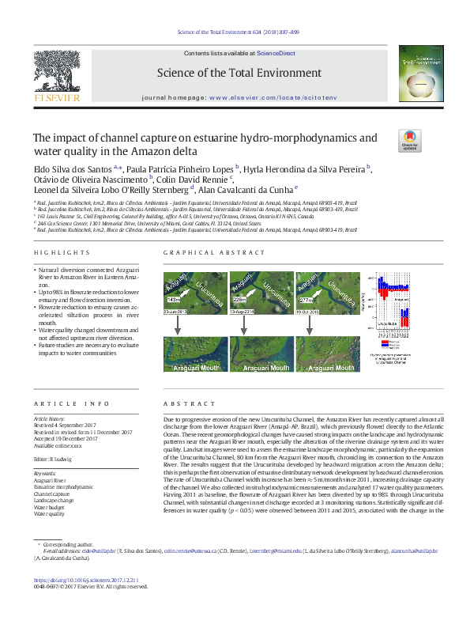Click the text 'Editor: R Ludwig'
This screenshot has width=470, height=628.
[53, 460]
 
